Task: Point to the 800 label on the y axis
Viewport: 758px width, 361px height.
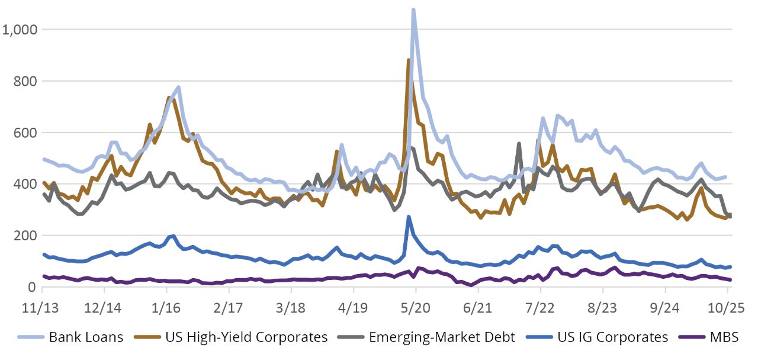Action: click(x=24, y=80)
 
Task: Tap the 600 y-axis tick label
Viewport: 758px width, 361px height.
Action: click(x=24, y=133)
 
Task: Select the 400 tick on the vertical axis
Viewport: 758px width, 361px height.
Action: click(x=24, y=184)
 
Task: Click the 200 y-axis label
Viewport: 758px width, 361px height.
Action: click(x=24, y=236)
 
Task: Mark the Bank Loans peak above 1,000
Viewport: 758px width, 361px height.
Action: click(x=413, y=10)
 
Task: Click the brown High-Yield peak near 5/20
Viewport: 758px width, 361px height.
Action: click(x=409, y=60)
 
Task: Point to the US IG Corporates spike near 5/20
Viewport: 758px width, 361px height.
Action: click(x=409, y=217)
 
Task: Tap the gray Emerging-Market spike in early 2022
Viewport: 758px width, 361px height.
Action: click(x=519, y=144)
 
